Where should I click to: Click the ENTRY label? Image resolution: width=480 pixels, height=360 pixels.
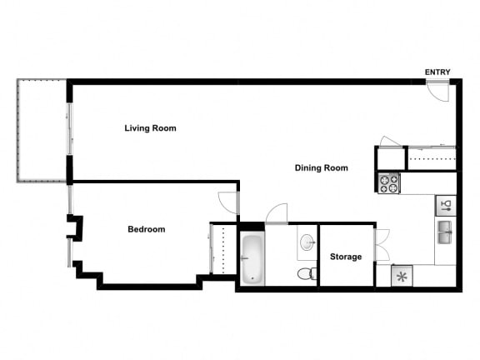pyautogui.click(x=437, y=72)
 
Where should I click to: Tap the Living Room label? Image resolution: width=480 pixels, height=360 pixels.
pyautogui.click(x=150, y=128)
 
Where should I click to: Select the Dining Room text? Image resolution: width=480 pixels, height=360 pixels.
pyautogui.click(x=321, y=167)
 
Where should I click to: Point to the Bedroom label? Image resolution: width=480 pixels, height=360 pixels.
pyautogui.click(x=146, y=229)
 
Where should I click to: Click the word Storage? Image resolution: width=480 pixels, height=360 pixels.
pyautogui.click(x=346, y=257)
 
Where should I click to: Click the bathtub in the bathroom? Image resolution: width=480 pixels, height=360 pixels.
pyautogui.click(x=252, y=258)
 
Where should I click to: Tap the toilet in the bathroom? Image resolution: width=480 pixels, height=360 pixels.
pyautogui.click(x=306, y=272)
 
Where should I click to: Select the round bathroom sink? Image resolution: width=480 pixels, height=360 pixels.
pyautogui.click(x=307, y=242)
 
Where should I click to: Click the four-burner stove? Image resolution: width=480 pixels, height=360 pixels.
pyautogui.click(x=388, y=182)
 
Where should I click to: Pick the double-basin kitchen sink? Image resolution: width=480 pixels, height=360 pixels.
pyautogui.click(x=446, y=231)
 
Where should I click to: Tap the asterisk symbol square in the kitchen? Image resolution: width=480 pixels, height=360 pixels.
pyautogui.click(x=402, y=276)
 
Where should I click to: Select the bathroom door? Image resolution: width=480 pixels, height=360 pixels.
pyautogui.click(x=277, y=214)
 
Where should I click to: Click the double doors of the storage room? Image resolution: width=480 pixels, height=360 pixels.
pyautogui.click(x=382, y=243)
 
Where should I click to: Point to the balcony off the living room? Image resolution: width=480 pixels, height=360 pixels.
pyautogui.click(x=42, y=131)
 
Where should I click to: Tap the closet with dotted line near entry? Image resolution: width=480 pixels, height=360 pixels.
pyautogui.click(x=431, y=158)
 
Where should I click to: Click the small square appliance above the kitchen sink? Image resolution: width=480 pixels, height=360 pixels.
pyautogui.click(x=446, y=204)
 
